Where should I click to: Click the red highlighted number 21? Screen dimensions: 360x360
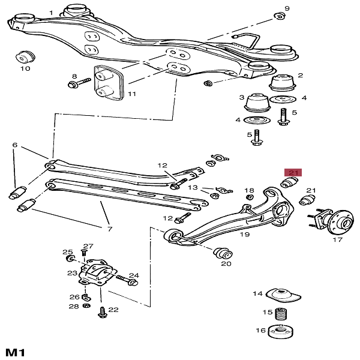(x=293, y=172)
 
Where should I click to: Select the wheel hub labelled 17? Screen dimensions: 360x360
(x=335, y=221)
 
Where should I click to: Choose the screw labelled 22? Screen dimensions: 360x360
(x=101, y=311)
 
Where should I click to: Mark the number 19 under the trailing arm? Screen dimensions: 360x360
(x=244, y=235)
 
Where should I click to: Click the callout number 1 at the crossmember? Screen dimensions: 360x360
(x=51, y=13)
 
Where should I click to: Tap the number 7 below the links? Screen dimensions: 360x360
(x=109, y=229)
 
